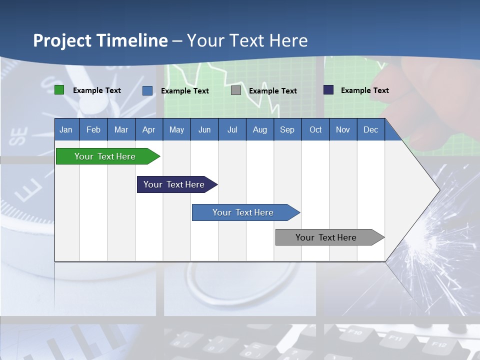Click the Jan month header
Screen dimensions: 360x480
(x=66, y=129)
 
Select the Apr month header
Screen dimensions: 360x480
(x=148, y=129)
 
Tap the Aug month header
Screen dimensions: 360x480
(x=259, y=129)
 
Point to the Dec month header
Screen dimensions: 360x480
(x=370, y=129)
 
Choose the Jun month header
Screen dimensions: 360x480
(x=204, y=129)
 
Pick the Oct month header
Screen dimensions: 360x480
(x=315, y=129)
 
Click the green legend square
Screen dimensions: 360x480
(x=59, y=90)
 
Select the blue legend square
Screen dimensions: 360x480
(x=147, y=90)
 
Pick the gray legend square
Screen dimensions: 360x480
(x=235, y=90)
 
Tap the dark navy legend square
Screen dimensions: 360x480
(x=328, y=90)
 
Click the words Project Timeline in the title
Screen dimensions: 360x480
(x=100, y=40)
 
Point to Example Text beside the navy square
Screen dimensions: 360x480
(x=364, y=90)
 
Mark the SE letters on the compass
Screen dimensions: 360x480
(x=19, y=136)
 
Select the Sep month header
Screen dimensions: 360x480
(x=287, y=129)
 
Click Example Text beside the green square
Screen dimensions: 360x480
(x=96, y=90)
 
